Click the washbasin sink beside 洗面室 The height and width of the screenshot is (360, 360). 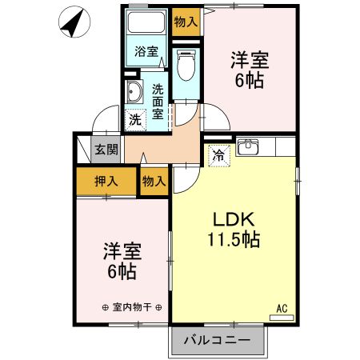(x=134, y=92)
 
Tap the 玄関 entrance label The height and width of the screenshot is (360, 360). (x=106, y=149)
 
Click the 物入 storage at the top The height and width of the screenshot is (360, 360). (x=186, y=22)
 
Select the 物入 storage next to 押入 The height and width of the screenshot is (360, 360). (x=154, y=182)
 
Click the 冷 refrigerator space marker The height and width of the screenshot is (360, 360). (x=218, y=155)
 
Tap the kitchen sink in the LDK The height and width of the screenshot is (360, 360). (x=250, y=147)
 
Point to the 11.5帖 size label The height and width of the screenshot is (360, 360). (x=233, y=239)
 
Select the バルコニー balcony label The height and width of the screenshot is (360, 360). (x=217, y=340)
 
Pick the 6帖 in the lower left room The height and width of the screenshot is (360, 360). (x=122, y=272)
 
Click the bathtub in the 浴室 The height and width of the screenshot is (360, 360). (x=146, y=24)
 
